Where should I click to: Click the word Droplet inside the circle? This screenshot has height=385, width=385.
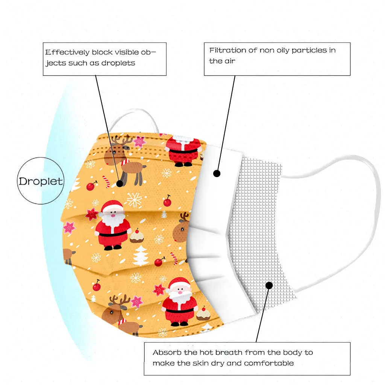(x=41, y=181)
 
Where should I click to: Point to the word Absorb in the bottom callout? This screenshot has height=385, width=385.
(x=166, y=353)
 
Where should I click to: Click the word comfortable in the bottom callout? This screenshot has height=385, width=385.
(x=269, y=363)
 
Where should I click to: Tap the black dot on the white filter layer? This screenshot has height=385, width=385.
(x=217, y=173)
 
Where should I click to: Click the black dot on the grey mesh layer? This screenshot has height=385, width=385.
(x=269, y=285)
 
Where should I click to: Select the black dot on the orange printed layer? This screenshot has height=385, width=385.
(x=120, y=183)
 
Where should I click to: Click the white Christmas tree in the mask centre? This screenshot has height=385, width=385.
(x=141, y=256)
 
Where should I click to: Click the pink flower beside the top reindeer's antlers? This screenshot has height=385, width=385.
(x=140, y=141)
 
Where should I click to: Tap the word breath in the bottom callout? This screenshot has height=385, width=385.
(x=229, y=353)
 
